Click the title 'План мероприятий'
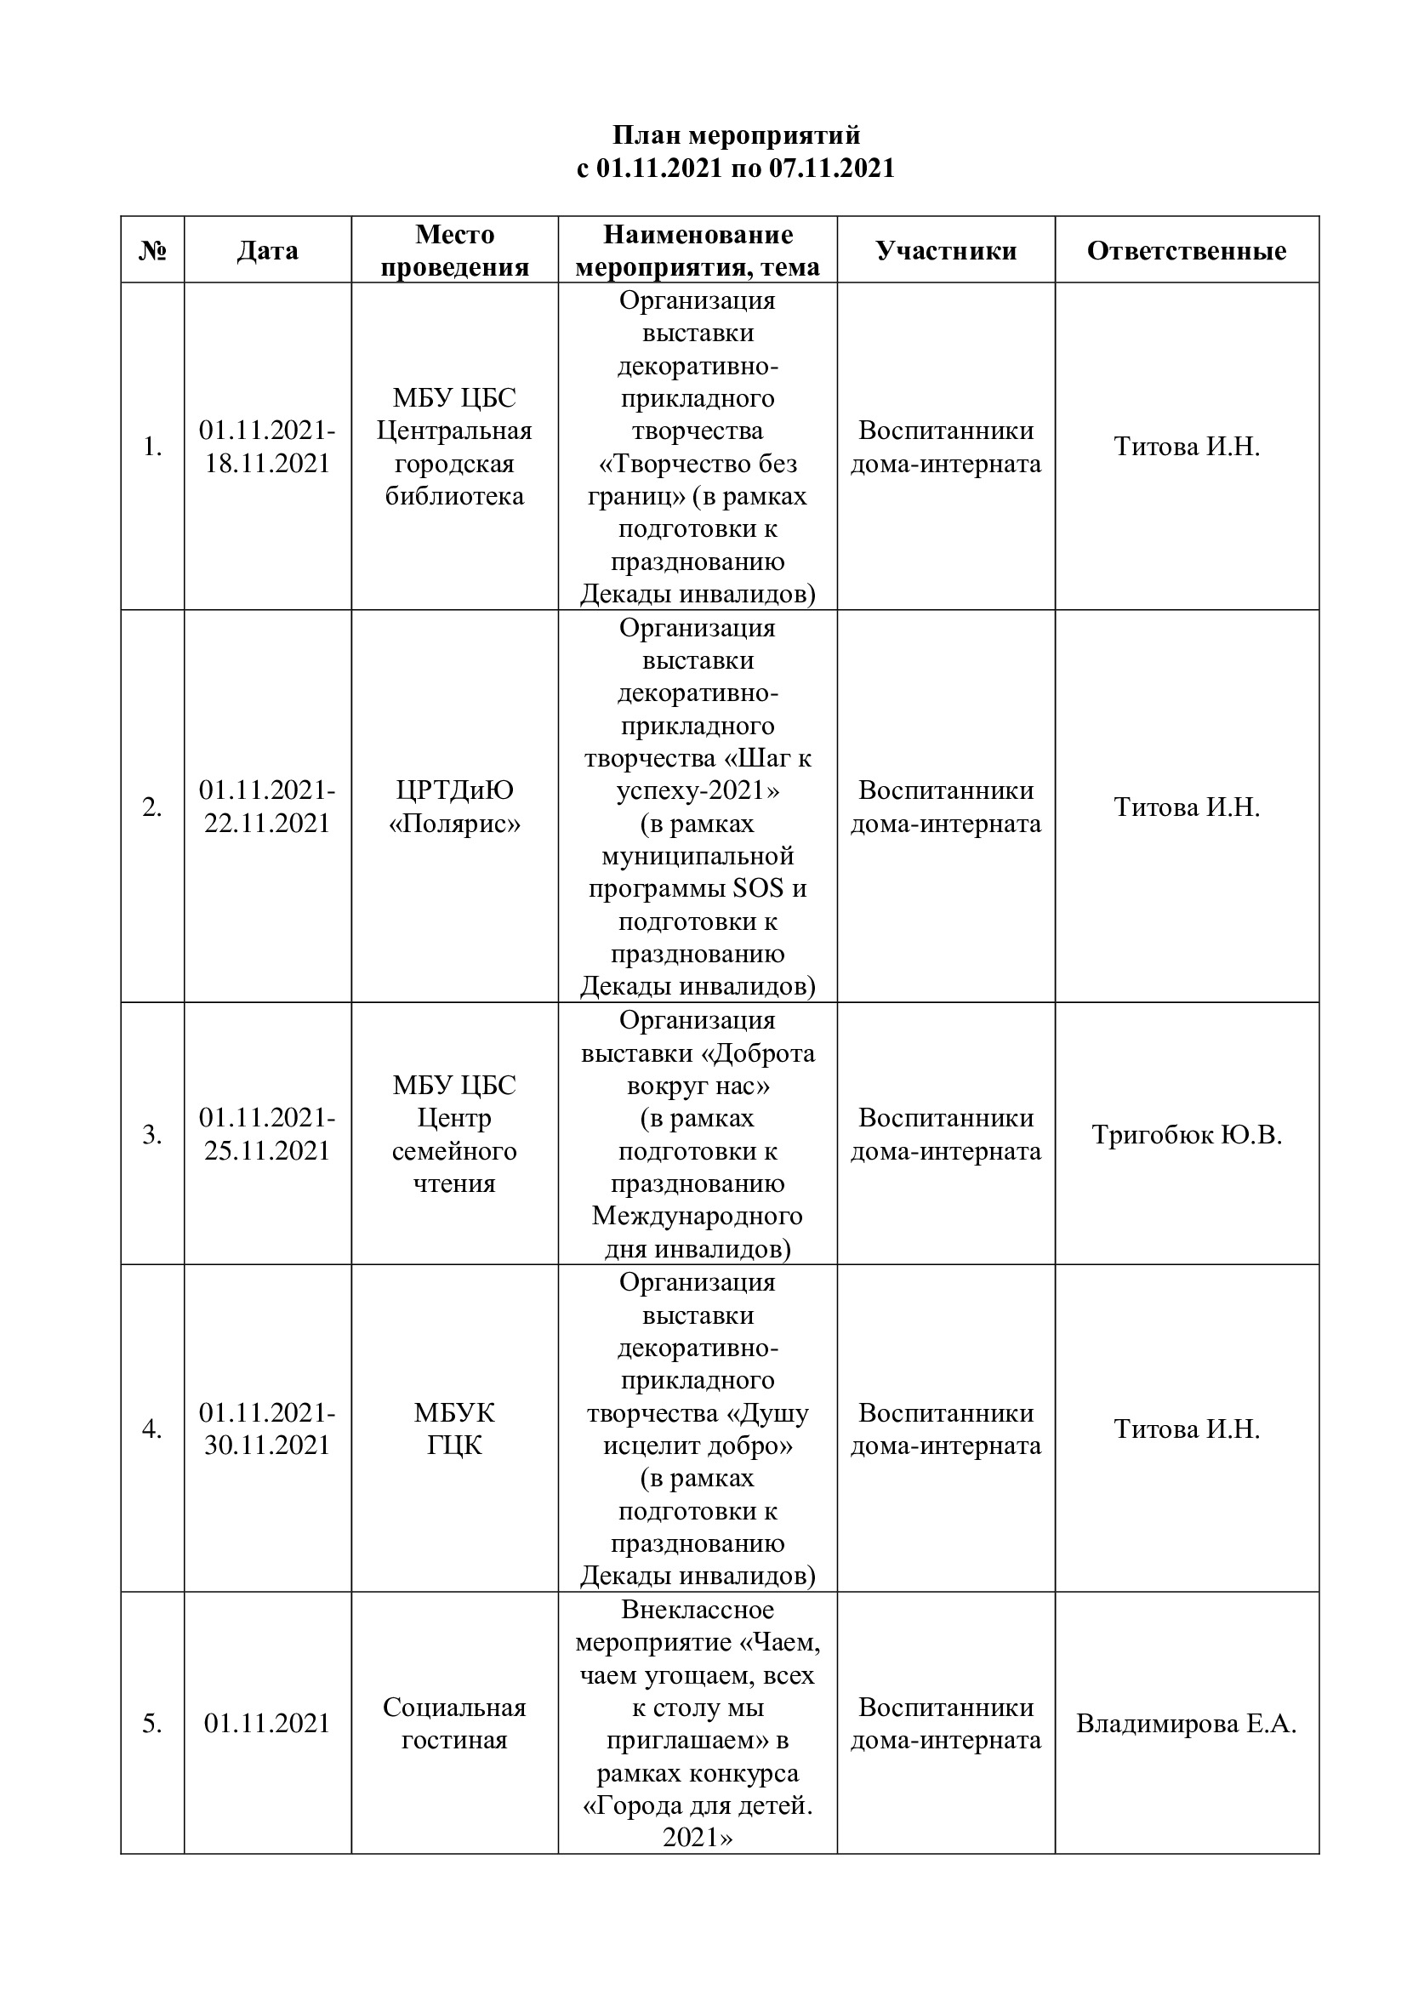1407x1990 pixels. (736, 135)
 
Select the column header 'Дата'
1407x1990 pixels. (267, 250)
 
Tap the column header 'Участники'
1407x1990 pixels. (945, 250)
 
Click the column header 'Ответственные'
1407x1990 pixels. (1186, 250)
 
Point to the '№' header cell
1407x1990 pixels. (152, 250)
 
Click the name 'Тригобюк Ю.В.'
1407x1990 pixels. (1186, 1135)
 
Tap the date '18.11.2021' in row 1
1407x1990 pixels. (267, 464)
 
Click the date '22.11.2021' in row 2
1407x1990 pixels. (267, 824)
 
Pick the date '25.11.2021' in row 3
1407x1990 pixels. (267, 1151)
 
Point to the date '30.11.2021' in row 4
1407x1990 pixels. (267, 1445)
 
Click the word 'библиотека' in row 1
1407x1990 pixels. (454, 497)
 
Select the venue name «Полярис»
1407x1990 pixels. (454, 824)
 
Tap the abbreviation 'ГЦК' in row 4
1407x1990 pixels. (454, 1445)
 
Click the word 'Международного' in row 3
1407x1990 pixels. (698, 1216)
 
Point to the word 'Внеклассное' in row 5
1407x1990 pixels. (698, 1610)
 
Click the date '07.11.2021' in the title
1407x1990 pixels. (832, 168)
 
